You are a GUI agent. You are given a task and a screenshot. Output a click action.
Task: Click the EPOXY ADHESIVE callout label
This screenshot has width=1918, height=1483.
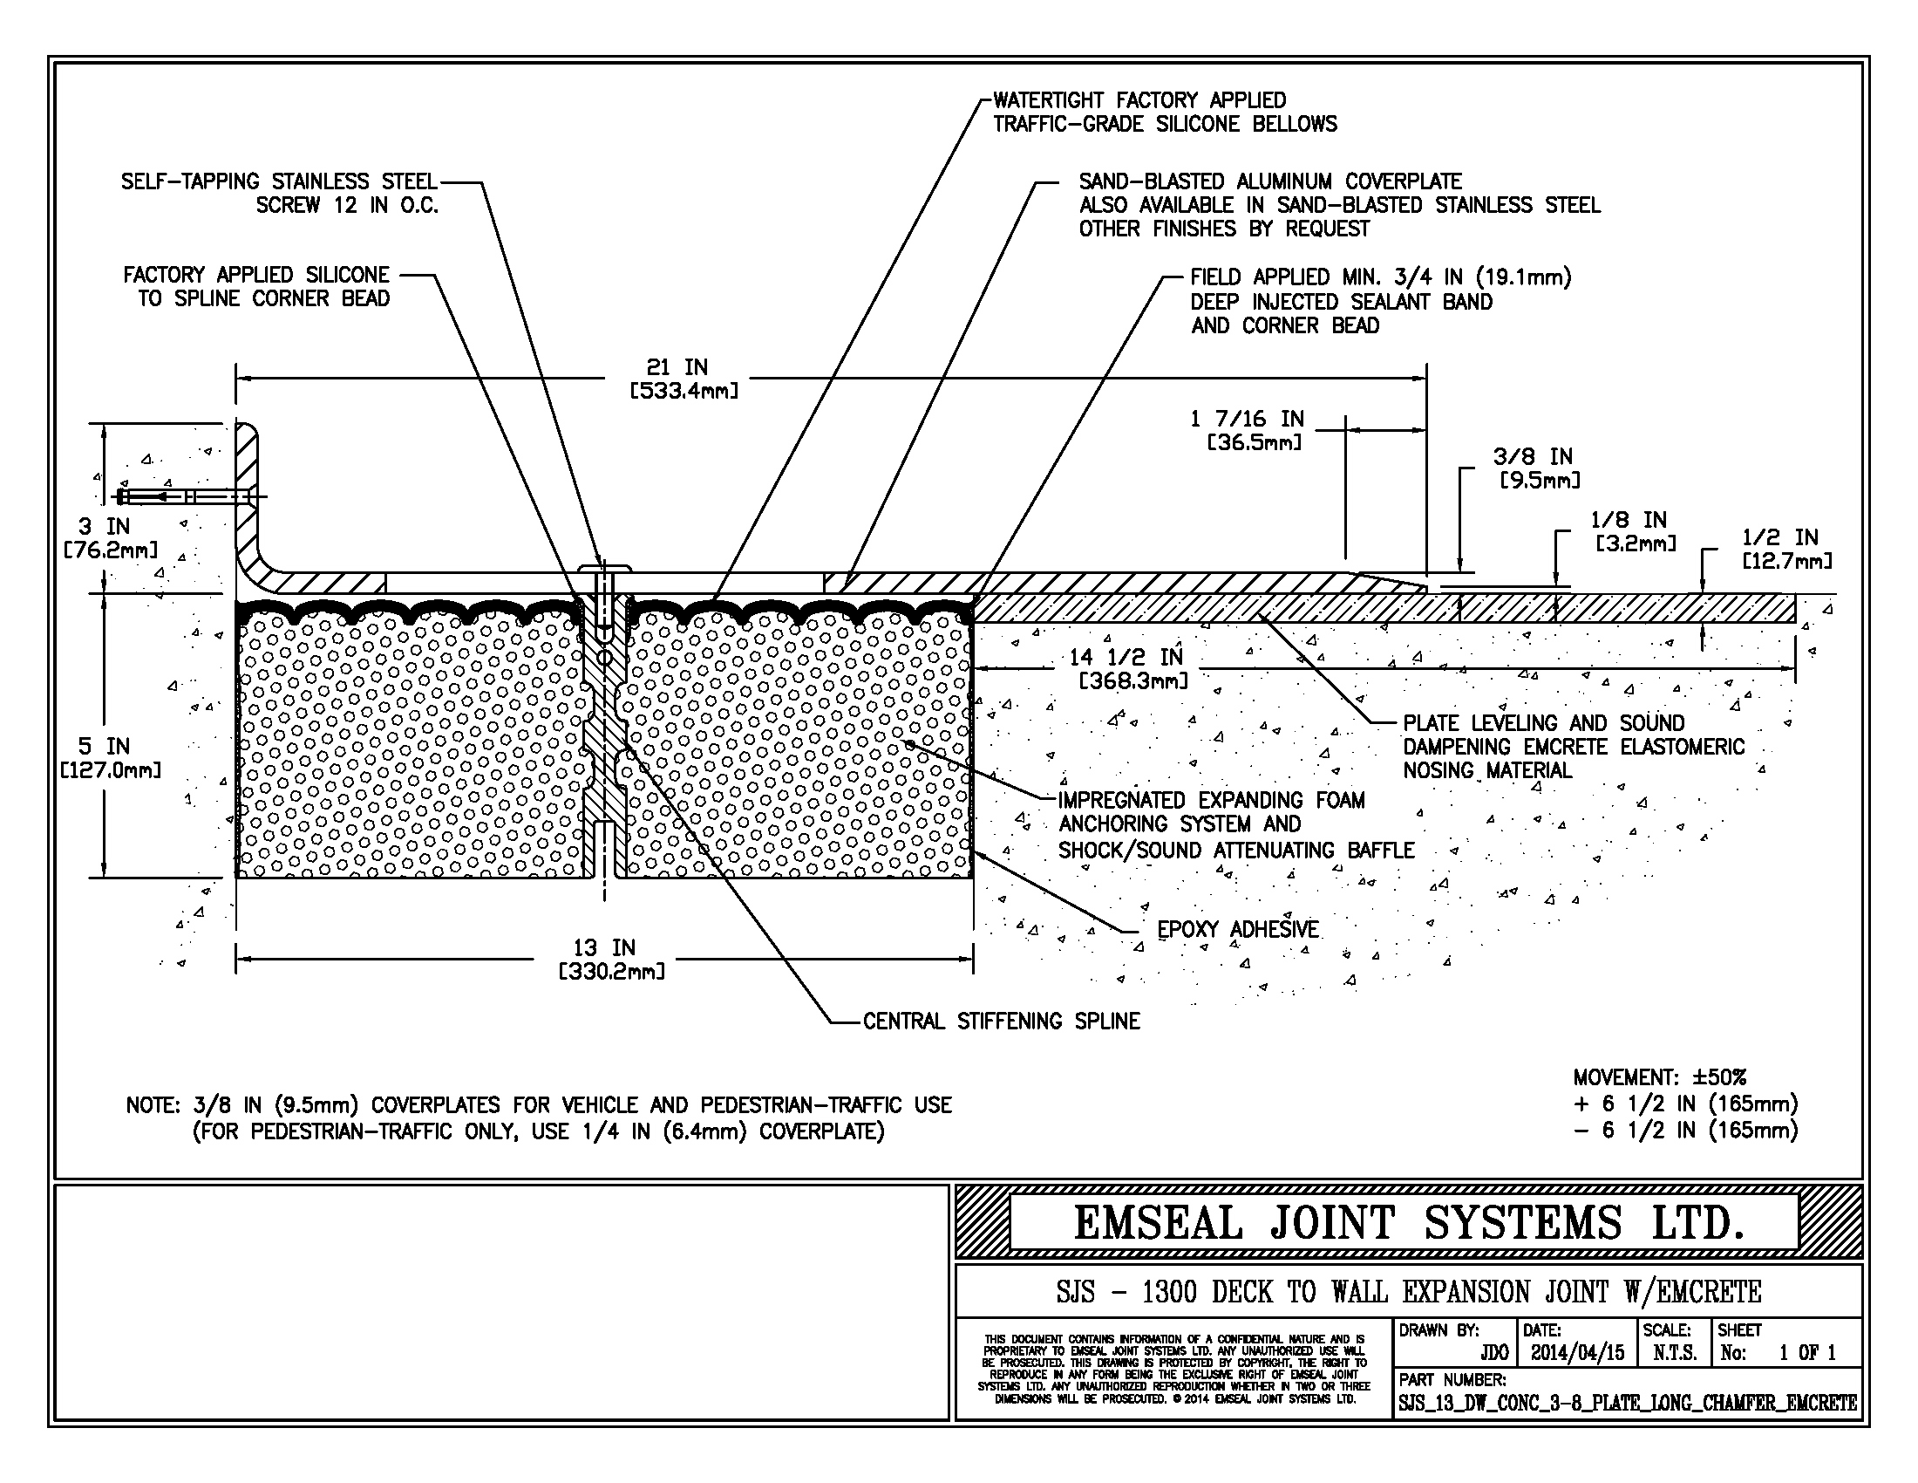1237,930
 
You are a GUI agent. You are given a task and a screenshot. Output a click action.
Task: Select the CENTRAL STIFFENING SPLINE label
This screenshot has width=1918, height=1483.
1001,1021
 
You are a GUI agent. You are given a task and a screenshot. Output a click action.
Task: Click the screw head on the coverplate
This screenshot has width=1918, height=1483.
604,569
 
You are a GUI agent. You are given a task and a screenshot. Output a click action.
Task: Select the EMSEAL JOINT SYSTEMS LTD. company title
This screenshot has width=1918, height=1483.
1408,1223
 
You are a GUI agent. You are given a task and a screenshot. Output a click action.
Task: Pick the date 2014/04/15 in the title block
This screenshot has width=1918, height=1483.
1577,1353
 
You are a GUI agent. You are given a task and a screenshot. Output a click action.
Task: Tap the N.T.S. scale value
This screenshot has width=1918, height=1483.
1674,1353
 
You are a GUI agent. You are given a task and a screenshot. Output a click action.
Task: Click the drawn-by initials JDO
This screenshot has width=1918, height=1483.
1493,1353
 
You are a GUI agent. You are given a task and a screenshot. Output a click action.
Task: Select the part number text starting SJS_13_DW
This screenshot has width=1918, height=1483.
1627,1403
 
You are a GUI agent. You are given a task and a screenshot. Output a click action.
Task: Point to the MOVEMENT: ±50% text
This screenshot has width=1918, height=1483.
1659,1077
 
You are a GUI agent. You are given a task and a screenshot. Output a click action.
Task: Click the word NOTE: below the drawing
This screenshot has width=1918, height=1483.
153,1105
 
